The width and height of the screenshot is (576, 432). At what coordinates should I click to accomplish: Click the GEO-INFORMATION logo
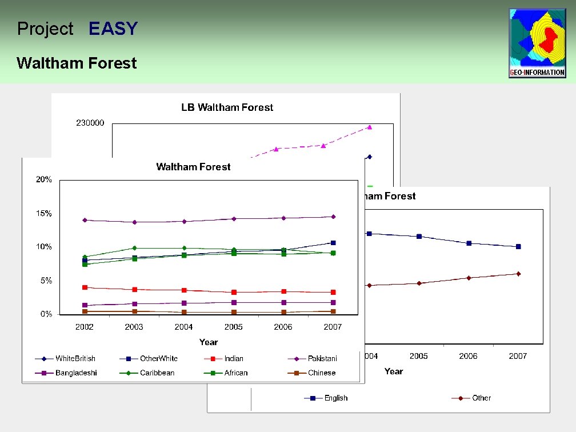[537, 43]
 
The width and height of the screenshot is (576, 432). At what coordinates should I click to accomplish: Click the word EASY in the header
[113, 29]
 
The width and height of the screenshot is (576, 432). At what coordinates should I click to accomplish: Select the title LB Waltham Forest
[227, 107]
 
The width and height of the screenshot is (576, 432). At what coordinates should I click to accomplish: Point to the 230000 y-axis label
[90, 123]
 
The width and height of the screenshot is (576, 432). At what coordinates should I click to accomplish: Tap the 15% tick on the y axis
[44, 214]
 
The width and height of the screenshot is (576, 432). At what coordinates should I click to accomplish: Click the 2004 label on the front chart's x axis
[183, 327]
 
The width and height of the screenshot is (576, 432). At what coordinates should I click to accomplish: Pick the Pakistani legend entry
[322, 359]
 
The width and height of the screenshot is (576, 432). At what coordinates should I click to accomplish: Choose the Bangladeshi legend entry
[76, 373]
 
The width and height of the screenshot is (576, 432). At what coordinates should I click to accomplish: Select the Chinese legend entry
[322, 373]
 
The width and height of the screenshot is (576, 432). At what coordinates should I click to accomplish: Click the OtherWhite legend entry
[158, 359]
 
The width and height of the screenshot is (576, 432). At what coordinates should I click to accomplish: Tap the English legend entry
[335, 398]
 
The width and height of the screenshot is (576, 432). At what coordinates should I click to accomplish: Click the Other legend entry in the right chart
[481, 398]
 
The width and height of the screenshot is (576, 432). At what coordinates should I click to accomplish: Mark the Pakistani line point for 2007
[333, 217]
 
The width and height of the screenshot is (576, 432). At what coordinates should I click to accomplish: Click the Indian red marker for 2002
[85, 287]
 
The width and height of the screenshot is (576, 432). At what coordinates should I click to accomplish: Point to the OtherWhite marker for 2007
[333, 243]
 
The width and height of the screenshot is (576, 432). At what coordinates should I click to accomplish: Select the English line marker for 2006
[469, 243]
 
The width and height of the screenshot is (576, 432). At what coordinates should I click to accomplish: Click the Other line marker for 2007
[518, 274]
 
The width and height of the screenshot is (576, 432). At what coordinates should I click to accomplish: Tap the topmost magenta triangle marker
[370, 127]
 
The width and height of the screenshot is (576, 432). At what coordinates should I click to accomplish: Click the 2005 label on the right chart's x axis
[418, 356]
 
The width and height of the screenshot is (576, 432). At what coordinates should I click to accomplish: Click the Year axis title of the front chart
[209, 342]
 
